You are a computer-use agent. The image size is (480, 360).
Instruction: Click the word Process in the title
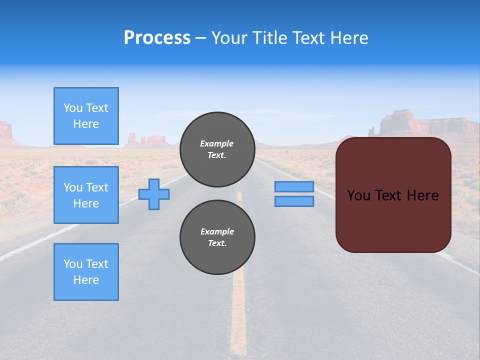(x=157, y=38)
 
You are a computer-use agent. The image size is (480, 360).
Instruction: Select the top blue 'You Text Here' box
(x=86, y=116)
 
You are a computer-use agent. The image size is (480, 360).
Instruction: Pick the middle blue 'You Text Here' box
(x=86, y=195)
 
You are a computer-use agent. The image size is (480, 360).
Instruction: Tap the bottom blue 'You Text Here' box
(x=86, y=272)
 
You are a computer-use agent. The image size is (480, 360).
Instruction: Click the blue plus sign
(x=154, y=194)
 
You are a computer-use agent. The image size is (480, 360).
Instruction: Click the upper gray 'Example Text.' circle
(x=217, y=149)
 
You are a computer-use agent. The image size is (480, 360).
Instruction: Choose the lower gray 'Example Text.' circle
(x=217, y=237)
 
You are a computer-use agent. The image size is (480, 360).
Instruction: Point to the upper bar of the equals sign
(x=294, y=187)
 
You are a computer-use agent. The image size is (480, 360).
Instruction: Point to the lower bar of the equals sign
(x=294, y=201)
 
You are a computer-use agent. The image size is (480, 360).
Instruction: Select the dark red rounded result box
(x=393, y=220)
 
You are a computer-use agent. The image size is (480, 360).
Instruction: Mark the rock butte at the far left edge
(x=5, y=131)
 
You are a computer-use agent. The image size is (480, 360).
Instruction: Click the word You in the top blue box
(x=73, y=108)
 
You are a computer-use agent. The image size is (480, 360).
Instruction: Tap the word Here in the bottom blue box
(x=86, y=280)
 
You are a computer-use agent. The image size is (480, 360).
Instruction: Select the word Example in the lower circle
(x=217, y=231)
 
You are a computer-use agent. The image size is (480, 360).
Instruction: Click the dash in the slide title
(x=201, y=38)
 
